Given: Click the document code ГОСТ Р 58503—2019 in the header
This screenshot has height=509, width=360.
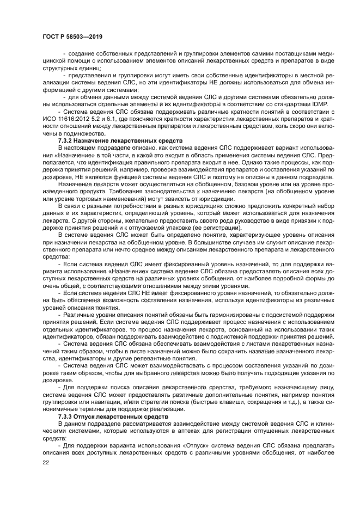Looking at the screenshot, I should coord(72,36).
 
